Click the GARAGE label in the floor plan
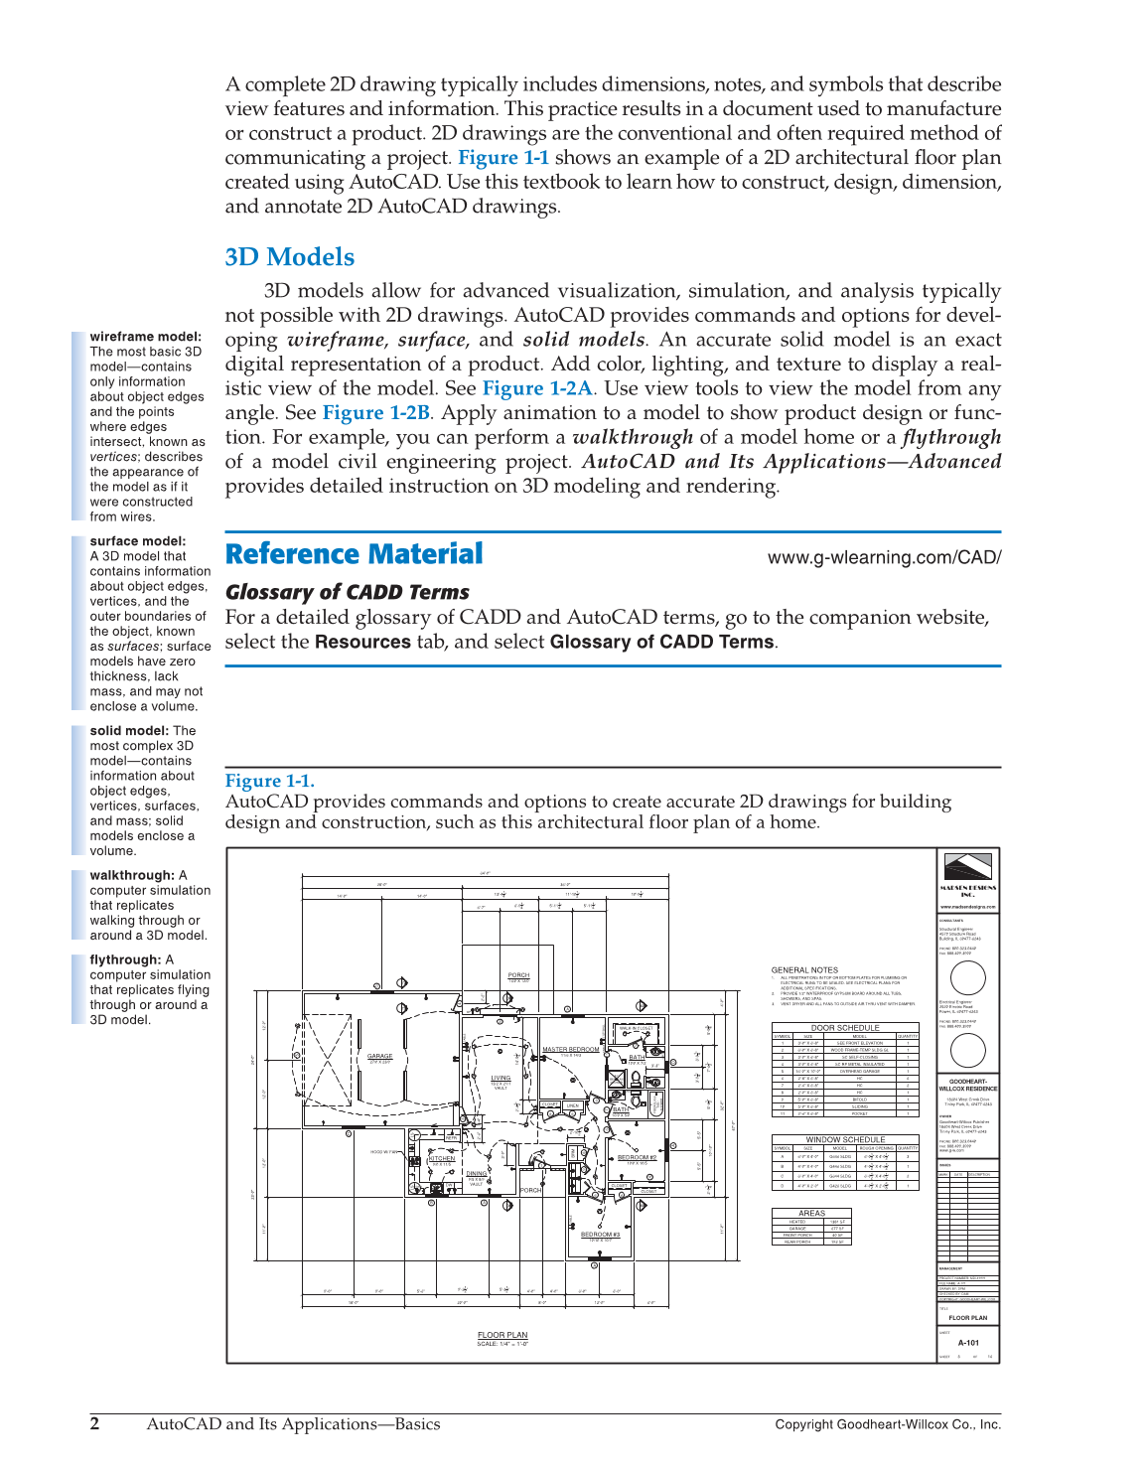tap(379, 1056)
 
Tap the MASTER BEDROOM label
tap(570, 1049)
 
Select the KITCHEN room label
tap(441, 1158)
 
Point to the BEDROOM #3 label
tap(600, 1235)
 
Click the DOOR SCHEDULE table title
tap(844, 1028)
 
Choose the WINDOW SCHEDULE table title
tap(845, 1139)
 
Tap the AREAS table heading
tap(811, 1213)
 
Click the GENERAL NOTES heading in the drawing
tap(804, 969)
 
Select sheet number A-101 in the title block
tap(968, 1342)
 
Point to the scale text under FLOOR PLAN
tap(502, 1344)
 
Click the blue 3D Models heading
tap(289, 257)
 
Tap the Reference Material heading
tap(354, 554)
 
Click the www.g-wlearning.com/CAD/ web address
tap(884, 557)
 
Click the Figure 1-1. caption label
tap(269, 781)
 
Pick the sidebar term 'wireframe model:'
tap(145, 337)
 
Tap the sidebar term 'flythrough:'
tap(124, 959)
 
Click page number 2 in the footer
tap(95, 1423)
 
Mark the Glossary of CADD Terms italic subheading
tap(347, 592)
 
